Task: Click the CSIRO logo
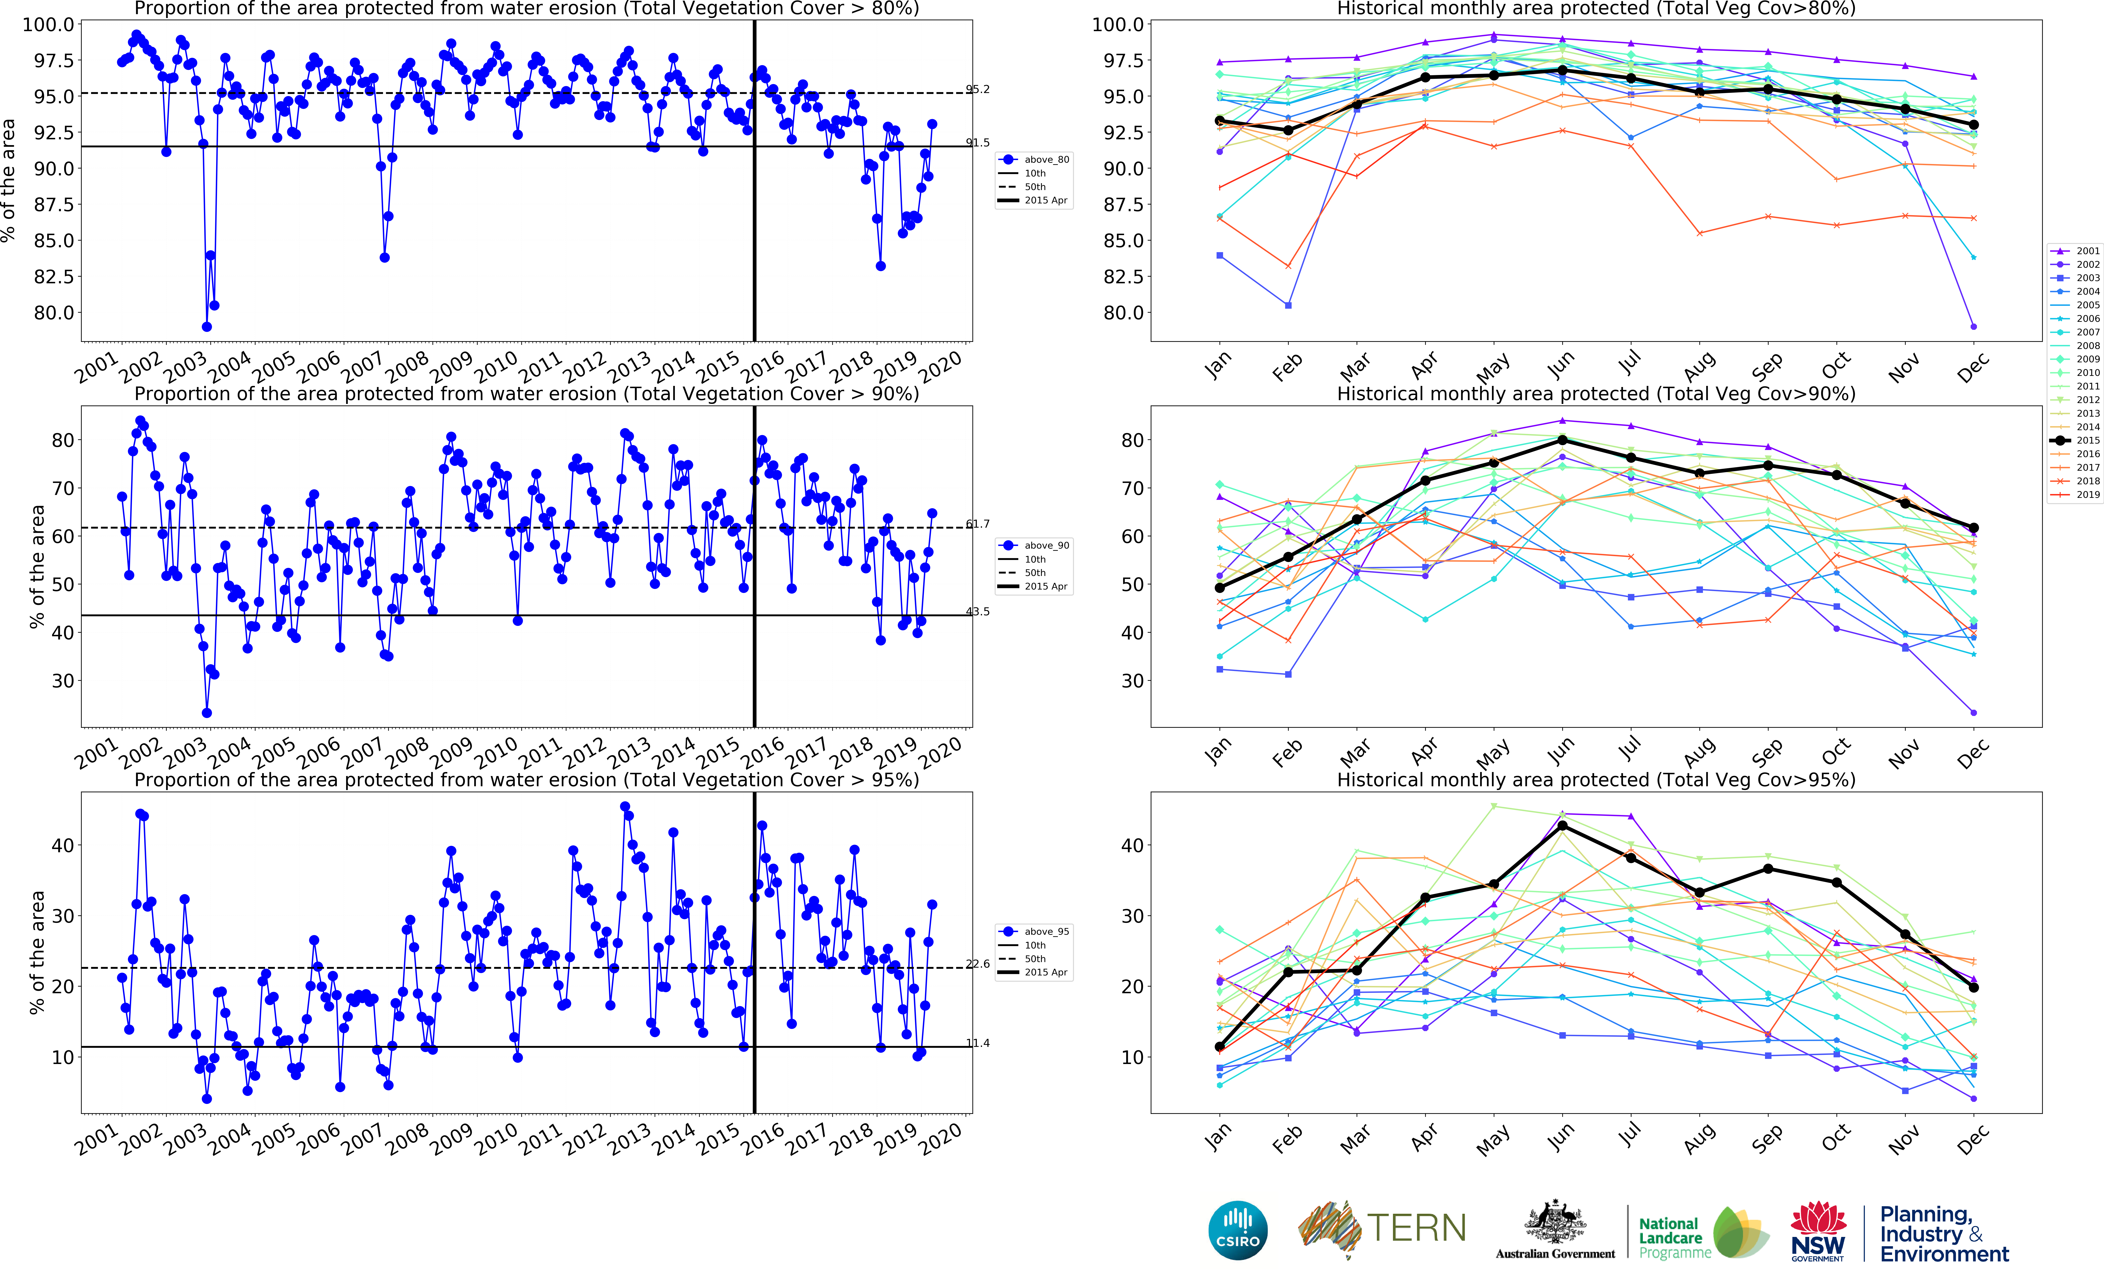tap(1237, 1230)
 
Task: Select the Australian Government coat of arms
tap(1555, 1221)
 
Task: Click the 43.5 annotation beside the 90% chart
tap(978, 611)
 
